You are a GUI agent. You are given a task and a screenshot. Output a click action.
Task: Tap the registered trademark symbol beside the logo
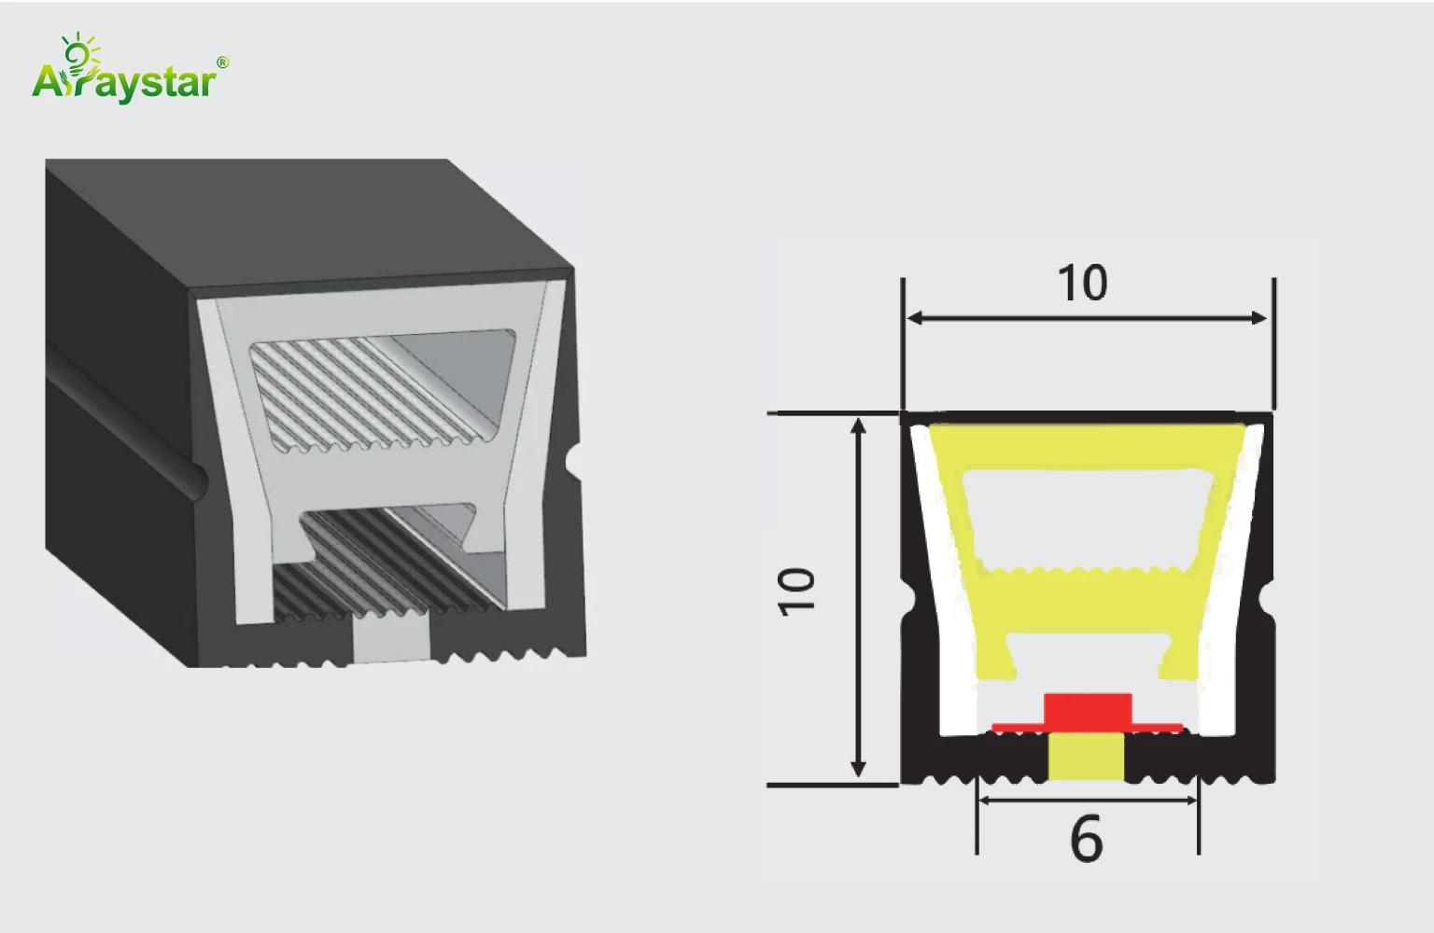pos(223,63)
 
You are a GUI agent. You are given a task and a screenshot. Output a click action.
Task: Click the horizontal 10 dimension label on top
pos(1083,283)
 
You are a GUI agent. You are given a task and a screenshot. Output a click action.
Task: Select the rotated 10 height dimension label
pos(796,592)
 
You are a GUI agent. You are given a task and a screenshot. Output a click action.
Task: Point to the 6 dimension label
pos(1087,839)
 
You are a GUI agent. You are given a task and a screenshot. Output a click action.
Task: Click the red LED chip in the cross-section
pos(1088,712)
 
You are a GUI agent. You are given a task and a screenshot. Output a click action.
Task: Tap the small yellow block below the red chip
pos(1087,757)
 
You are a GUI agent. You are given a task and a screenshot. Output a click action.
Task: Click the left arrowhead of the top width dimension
pos(916,318)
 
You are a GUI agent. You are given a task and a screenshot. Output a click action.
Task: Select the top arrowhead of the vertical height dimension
pos(858,426)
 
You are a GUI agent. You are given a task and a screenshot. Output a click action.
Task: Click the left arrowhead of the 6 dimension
pos(987,800)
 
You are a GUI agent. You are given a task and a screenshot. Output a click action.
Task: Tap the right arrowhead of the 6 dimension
pos(1189,800)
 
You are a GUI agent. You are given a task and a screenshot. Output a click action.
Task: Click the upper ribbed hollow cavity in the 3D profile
pos(382,389)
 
